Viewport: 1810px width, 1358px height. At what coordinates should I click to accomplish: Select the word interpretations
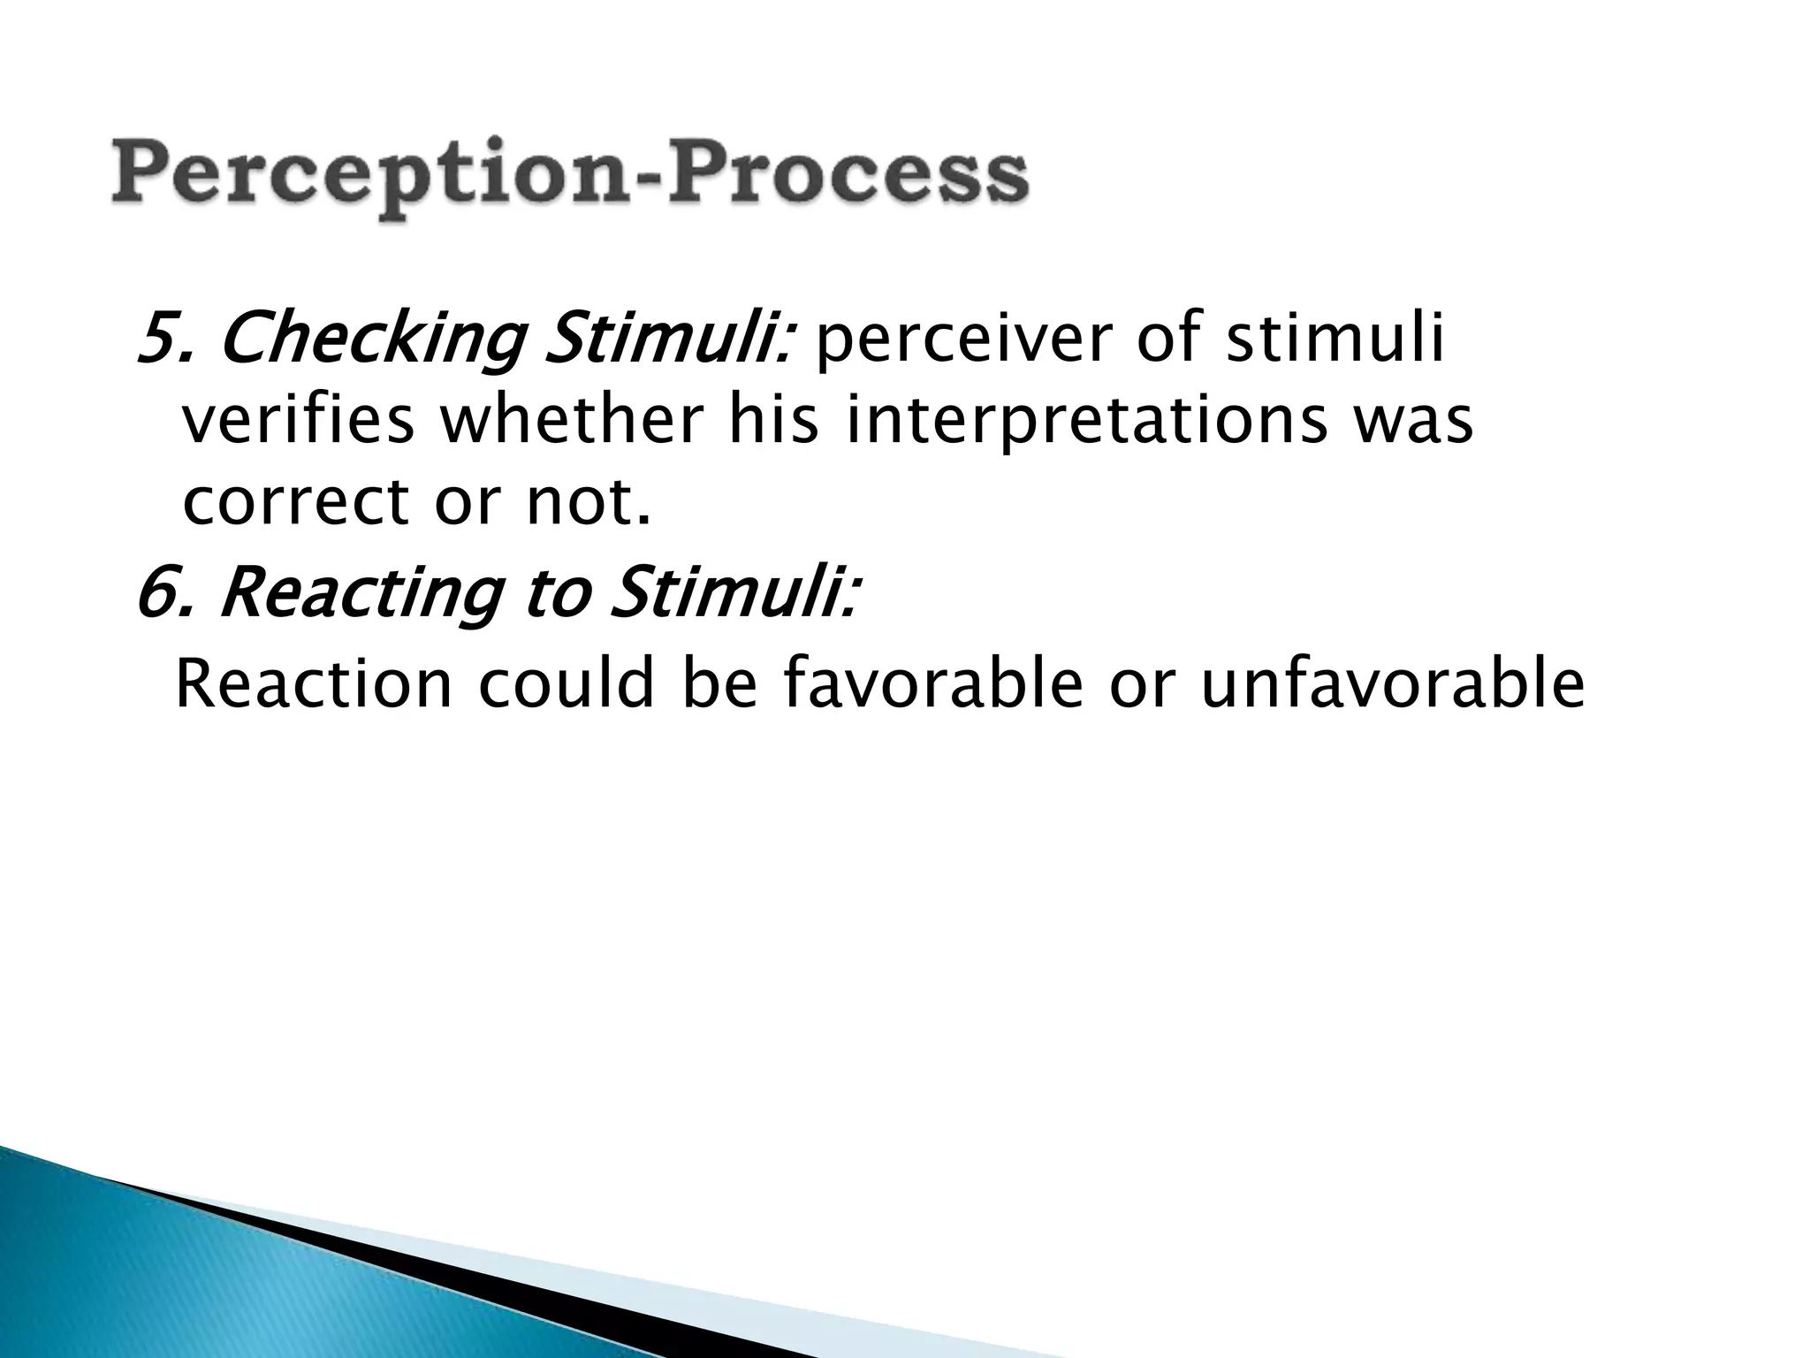click(1087, 423)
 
